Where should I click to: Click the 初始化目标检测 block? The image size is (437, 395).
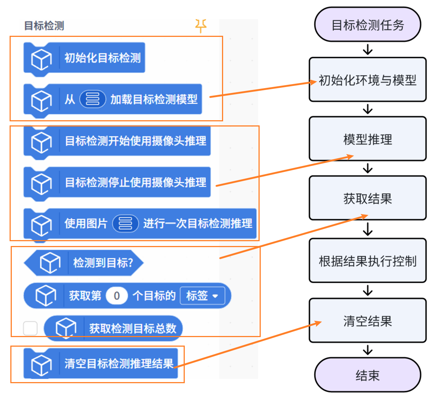point(102,58)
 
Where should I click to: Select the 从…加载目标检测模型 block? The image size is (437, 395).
point(153,99)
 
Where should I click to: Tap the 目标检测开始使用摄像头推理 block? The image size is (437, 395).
point(135,141)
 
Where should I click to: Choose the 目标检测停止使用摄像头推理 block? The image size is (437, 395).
point(135,182)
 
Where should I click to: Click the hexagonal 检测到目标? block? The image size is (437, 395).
point(103,263)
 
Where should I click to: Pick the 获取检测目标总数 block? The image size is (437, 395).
point(132,328)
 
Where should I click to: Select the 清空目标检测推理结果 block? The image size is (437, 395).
point(119,363)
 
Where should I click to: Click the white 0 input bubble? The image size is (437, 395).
point(117,296)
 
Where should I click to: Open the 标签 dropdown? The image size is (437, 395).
point(202,296)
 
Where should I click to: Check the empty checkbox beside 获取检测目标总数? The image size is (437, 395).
point(30,328)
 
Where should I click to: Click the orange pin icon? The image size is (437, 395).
point(201,26)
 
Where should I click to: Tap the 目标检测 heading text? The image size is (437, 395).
point(44,26)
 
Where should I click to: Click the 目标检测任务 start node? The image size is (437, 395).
point(367,25)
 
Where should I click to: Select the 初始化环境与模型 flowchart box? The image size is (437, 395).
point(367,80)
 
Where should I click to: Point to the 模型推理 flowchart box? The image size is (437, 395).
point(367,139)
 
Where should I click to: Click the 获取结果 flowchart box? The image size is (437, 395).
point(367,198)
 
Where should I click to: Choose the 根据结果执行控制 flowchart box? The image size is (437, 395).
point(367,261)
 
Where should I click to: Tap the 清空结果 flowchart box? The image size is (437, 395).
point(367,320)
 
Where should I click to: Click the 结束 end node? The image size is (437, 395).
point(367,375)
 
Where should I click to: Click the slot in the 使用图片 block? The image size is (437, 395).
point(125,224)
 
